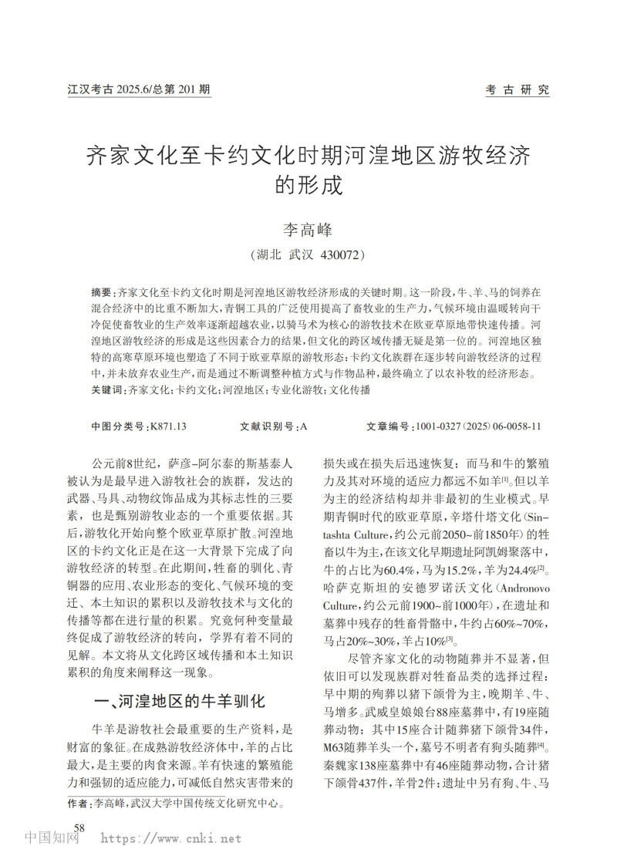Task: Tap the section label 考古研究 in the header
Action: tap(517, 89)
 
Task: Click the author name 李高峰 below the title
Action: tap(308, 228)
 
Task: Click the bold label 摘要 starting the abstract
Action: tap(101, 293)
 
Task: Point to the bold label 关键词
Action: tap(106, 391)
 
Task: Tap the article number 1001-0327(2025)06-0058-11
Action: tap(477, 426)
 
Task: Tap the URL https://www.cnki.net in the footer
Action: tap(171, 839)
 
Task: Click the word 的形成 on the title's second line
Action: tap(308, 186)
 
